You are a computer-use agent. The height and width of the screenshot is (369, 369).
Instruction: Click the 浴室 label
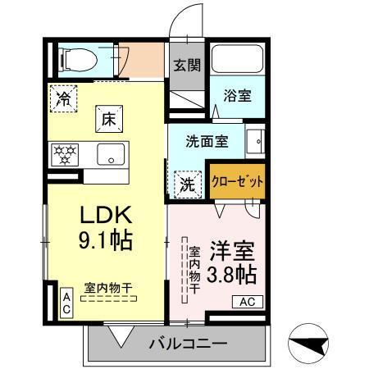[238, 96]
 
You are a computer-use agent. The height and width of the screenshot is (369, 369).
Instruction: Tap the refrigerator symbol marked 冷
[63, 99]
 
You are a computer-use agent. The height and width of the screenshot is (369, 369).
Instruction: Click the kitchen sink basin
[111, 153]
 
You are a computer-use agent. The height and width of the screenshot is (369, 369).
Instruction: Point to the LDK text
[106, 215]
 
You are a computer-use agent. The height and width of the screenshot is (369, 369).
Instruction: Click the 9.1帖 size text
[106, 242]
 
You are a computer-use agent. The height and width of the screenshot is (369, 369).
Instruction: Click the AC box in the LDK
[66, 301]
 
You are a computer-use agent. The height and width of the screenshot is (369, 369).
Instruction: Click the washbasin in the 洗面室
[257, 141]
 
